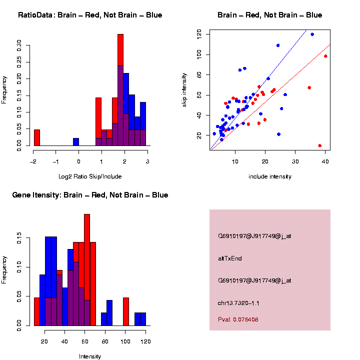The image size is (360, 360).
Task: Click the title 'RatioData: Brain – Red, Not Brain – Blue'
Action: click(x=90, y=15)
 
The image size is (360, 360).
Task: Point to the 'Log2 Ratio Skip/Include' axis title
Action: click(x=90, y=176)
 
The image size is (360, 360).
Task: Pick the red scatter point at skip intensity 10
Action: click(x=319, y=145)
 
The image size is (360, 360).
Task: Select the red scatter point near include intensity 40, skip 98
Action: click(x=325, y=56)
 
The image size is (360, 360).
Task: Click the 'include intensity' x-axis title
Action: click(x=270, y=176)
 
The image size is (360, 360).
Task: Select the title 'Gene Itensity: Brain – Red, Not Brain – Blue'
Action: click(x=90, y=195)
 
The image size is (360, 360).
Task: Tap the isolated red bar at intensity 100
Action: click(x=126, y=312)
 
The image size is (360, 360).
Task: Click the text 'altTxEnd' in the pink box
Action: click(x=228, y=258)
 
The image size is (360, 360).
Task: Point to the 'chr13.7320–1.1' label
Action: click(x=238, y=303)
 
